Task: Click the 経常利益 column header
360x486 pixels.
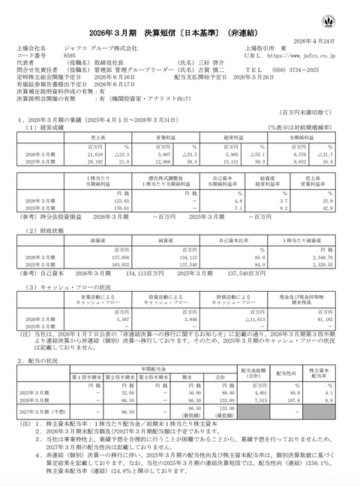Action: [x=241, y=139]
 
